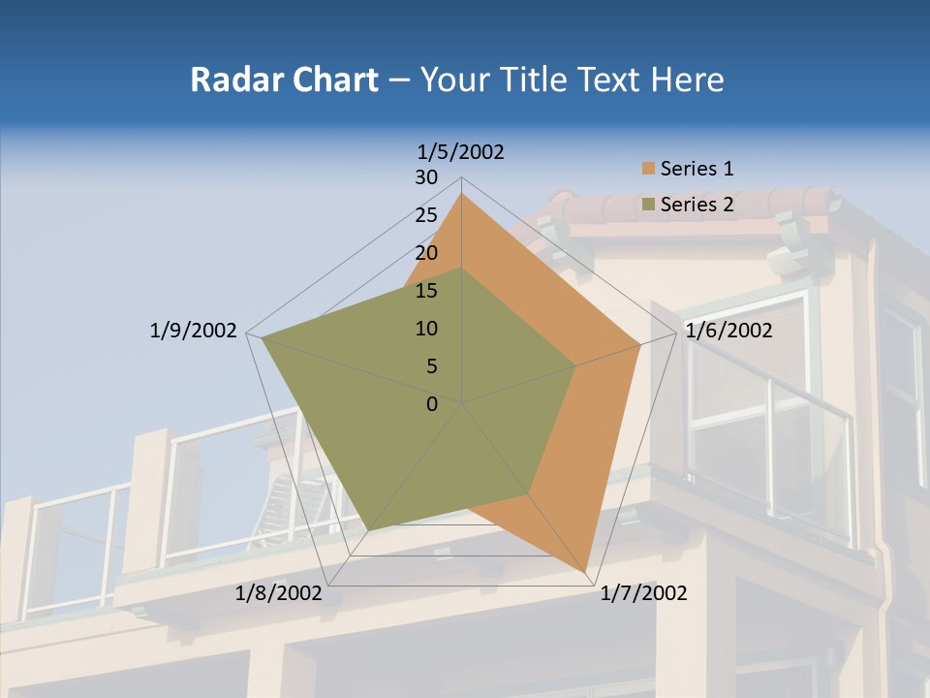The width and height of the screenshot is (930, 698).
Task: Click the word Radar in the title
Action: click(231, 79)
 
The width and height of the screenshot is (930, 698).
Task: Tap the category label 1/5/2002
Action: click(461, 151)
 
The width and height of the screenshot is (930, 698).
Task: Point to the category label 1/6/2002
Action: click(728, 331)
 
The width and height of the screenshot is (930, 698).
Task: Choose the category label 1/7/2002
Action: click(644, 593)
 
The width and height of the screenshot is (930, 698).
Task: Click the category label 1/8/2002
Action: click(279, 593)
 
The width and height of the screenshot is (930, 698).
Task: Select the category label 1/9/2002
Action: click(194, 331)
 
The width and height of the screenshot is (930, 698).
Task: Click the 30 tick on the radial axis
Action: click(426, 177)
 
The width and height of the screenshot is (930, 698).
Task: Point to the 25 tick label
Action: click(426, 215)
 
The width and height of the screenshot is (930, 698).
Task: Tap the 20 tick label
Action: click(426, 253)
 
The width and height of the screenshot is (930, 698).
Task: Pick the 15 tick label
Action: click(426, 291)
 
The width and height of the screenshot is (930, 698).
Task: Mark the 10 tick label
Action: click(426, 329)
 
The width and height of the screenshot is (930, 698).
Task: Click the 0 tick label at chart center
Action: click(432, 404)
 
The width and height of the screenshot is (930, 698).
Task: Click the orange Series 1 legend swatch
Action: click(648, 170)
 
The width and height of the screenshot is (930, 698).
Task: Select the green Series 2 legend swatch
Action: click(648, 205)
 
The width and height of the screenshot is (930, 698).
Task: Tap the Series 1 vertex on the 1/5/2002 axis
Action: click(461, 194)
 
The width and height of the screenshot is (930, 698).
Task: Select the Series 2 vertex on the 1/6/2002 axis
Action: click(576, 365)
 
